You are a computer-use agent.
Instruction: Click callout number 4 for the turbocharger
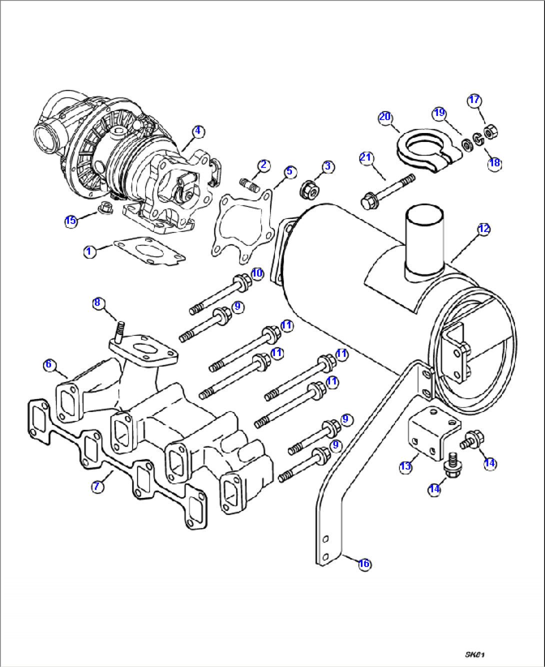[x=198, y=131]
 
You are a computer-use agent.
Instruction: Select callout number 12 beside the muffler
[x=483, y=229]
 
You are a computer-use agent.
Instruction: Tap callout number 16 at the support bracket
[x=364, y=564]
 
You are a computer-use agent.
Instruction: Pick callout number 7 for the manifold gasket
[x=97, y=486]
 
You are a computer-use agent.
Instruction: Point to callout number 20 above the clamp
[x=384, y=117]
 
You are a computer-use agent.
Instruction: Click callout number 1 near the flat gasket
[x=89, y=251]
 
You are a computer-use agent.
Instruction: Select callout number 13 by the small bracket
[x=405, y=466]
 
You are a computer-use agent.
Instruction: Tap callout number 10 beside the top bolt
[x=256, y=273]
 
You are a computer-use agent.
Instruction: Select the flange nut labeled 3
[x=308, y=189]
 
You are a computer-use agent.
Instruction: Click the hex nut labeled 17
[x=489, y=131]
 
